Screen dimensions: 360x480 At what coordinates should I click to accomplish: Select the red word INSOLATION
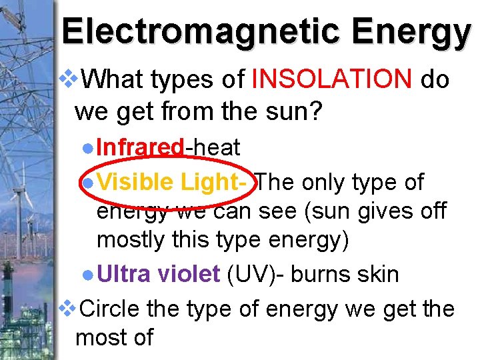[332, 81]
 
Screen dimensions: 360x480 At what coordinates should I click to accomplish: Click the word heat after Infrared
[215, 147]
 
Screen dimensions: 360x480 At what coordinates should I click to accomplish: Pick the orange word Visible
[136, 181]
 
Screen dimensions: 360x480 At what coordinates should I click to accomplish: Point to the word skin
[376, 274]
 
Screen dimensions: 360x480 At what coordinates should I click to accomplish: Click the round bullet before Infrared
[89, 148]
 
